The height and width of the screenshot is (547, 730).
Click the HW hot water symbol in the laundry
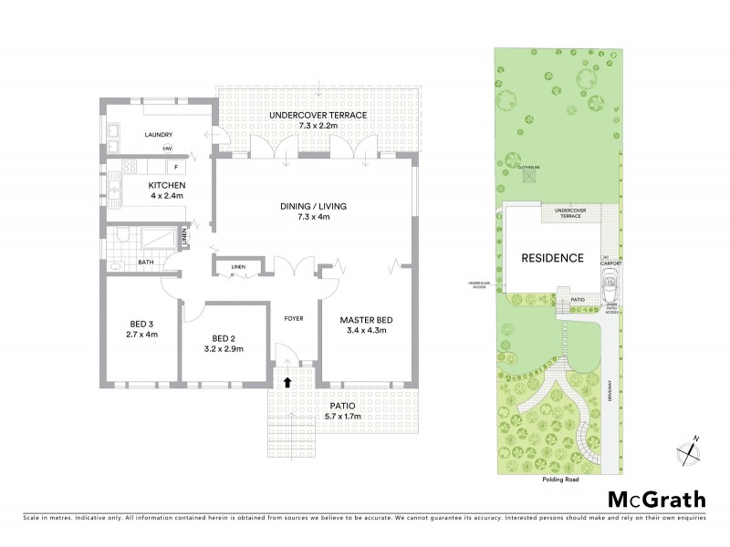tap(168, 149)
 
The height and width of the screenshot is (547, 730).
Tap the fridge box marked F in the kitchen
tap(173, 168)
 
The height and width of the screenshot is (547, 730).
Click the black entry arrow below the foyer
tap(289, 383)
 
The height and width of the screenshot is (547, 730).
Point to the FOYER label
tap(294, 319)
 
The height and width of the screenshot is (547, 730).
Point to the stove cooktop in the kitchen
tap(128, 168)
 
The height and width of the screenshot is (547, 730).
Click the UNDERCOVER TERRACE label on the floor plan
tap(318, 115)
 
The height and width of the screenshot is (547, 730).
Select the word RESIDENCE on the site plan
tap(552, 258)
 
